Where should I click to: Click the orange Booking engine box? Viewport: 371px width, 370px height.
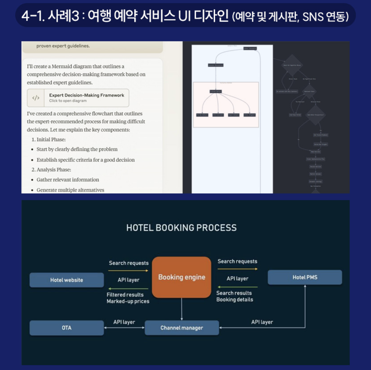(182, 277)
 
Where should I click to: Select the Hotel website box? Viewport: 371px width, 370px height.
(67, 280)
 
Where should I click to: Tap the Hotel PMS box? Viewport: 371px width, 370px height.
(305, 277)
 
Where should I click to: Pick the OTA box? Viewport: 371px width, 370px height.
(67, 328)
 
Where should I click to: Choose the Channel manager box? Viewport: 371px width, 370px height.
(182, 328)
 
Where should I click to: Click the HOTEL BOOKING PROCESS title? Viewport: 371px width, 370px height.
(182, 228)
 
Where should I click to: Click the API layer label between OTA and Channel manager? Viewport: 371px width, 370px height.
(124, 322)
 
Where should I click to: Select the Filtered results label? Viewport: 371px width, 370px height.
(125, 294)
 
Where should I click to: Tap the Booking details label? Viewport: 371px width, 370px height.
(234, 299)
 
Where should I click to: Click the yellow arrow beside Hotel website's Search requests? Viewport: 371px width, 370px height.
(128, 271)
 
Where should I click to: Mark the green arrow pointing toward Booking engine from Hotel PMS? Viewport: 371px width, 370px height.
(237, 286)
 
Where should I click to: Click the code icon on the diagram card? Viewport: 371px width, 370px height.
(36, 98)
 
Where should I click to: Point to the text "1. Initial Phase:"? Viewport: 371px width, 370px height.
(51, 139)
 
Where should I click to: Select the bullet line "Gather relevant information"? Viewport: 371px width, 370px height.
(68, 180)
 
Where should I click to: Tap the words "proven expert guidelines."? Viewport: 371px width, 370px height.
(63, 46)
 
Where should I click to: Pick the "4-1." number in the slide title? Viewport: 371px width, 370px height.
(33, 16)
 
